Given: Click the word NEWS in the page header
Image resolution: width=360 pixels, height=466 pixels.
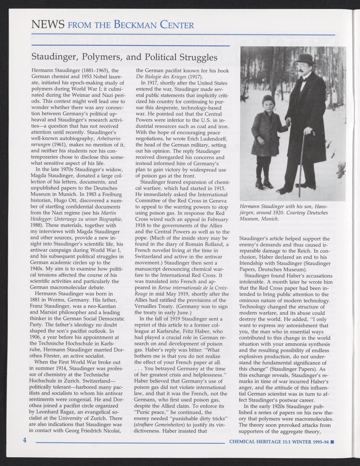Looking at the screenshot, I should tap(48, 24).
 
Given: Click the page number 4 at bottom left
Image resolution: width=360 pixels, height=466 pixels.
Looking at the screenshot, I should tap(25, 440).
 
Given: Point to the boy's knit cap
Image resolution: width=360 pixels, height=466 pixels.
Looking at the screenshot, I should tap(268, 100).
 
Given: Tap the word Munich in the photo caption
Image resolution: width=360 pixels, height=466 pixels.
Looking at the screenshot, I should tap(270, 219).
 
